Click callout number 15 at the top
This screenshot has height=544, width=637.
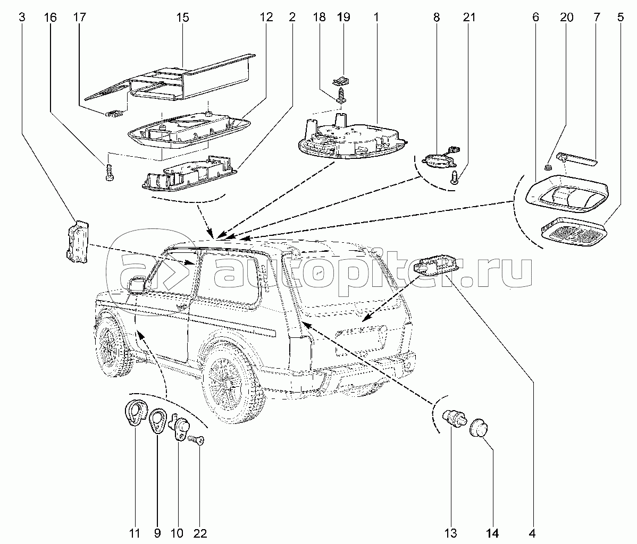coord(182,18)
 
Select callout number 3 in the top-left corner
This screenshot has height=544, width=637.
coord(22,18)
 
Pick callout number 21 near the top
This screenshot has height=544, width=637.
coord(469,18)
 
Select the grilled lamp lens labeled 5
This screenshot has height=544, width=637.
coord(573,233)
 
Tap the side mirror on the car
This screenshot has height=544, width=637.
coord(137,285)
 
